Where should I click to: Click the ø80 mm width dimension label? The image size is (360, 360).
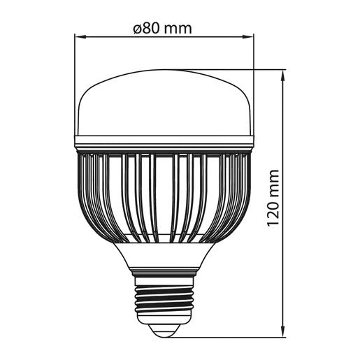tap(161, 29)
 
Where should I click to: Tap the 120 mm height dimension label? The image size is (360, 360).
tap(273, 198)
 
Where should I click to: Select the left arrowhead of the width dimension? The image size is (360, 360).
tap(78, 37)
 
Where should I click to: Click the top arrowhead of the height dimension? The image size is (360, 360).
tap(282, 73)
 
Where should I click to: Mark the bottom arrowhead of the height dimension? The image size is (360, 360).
tap(282, 333)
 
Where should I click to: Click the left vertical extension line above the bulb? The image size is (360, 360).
tap(75, 84)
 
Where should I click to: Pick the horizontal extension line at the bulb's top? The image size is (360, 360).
tap(231, 69)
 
